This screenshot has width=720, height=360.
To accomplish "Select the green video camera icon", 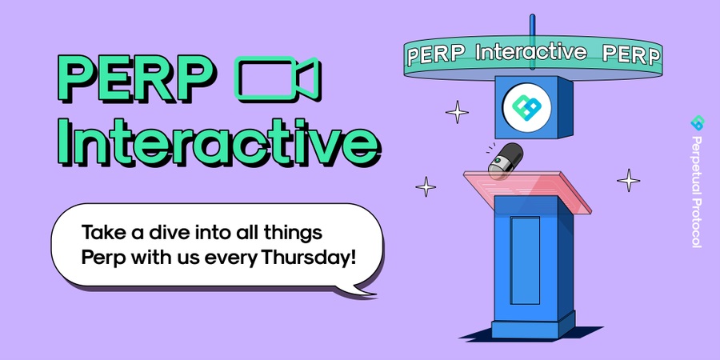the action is pyautogui.click(x=278, y=78).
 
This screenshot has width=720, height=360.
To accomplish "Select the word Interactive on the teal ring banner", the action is pyautogui.click(x=531, y=52).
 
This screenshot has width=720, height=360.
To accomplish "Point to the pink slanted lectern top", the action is pyautogui.click(x=527, y=190).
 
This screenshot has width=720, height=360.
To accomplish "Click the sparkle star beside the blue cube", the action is pyautogui.click(x=458, y=112).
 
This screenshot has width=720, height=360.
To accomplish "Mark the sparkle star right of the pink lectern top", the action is pyautogui.click(x=629, y=180).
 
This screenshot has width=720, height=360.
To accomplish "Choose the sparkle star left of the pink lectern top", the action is pyautogui.click(x=426, y=187).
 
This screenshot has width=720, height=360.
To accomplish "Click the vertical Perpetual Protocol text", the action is pyautogui.click(x=697, y=191).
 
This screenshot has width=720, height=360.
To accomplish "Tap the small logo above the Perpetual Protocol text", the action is pyautogui.click(x=698, y=122).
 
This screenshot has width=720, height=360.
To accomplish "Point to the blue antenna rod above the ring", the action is pyautogui.click(x=532, y=42).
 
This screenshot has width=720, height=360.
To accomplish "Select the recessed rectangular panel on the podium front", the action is pyautogui.click(x=526, y=260).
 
